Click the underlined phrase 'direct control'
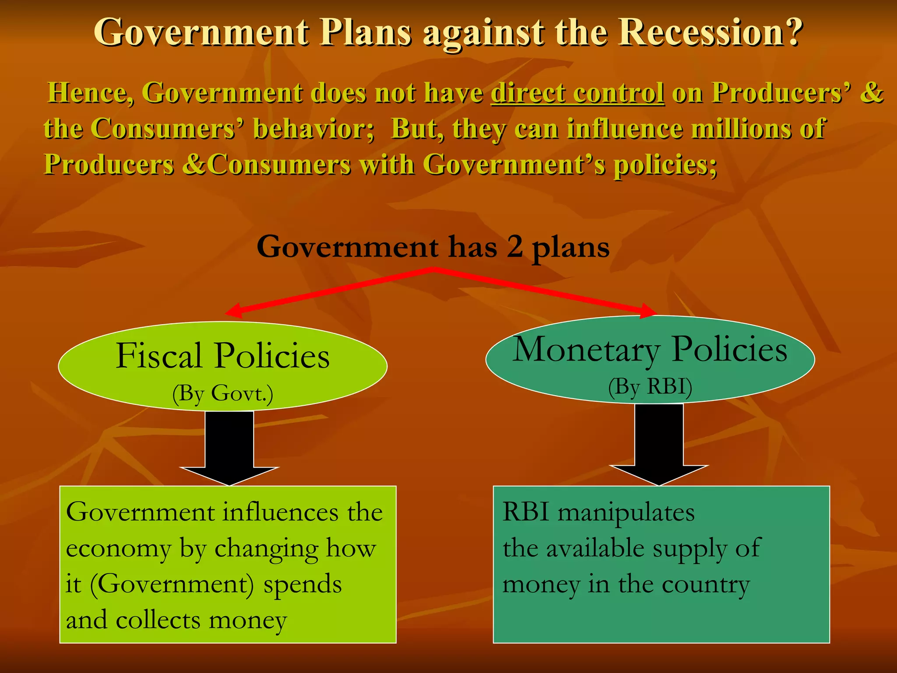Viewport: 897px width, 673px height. (x=578, y=92)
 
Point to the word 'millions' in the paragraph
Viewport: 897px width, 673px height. (x=742, y=128)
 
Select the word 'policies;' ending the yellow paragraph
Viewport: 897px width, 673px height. (x=665, y=165)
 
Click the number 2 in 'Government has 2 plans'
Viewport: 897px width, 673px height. (x=515, y=246)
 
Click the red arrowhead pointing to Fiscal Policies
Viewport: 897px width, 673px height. (x=234, y=310)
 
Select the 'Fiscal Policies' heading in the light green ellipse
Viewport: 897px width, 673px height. (x=222, y=356)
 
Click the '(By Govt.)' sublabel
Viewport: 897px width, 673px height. (x=222, y=393)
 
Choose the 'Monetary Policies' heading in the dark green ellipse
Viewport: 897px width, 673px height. (x=650, y=349)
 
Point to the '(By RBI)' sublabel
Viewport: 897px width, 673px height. (x=650, y=386)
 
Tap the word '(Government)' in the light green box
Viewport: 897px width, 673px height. (x=172, y=584)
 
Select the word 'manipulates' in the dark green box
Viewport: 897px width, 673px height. (x=626, y=512)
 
